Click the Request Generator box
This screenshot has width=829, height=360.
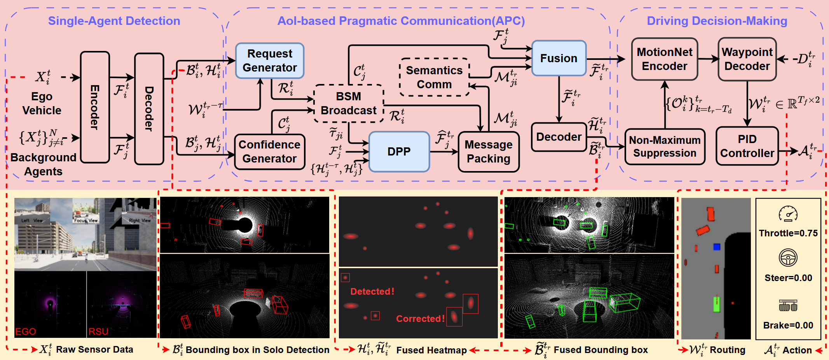(270, 61)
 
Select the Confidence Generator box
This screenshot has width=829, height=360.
(269, 152)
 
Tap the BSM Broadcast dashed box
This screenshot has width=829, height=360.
(349, 103)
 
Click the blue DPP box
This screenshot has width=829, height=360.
(399, 152)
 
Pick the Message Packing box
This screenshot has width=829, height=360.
(489, 152)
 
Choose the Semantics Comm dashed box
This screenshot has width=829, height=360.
(434, 77)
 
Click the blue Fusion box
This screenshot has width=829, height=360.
(558, 58)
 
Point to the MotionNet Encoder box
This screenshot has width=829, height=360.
(665, 59)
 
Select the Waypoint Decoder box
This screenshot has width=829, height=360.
(747, 59)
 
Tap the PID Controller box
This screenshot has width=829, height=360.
(747, 146)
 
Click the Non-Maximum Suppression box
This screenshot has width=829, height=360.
(665, 147)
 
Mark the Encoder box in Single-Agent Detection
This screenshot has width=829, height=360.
(95, 107)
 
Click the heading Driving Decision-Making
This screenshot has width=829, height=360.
(717, 21)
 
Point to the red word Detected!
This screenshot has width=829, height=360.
(372, 292)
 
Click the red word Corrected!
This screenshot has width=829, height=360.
(420, 319)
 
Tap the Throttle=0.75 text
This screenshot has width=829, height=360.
(788, 233)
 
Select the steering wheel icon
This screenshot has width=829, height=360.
(788, 257)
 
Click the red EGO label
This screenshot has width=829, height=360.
(26, 332)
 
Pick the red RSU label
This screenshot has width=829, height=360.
(98, 332)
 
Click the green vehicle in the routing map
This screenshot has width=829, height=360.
(716, 304)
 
